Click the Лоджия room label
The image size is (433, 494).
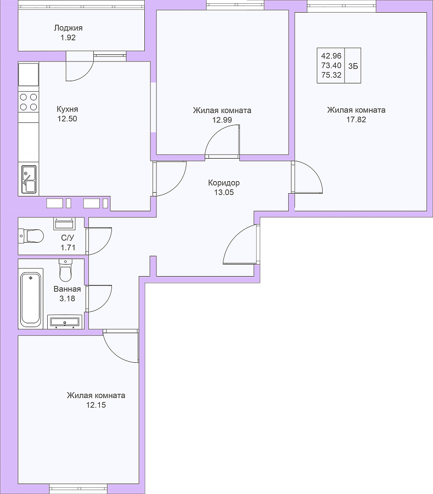(x=69, y=28)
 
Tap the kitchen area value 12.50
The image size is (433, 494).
(x=67, y=119)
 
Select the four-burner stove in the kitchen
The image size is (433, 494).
(x=29, y=102)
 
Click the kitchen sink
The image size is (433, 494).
(x=29, y=179)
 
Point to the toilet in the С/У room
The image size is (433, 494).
(x=31, y=235)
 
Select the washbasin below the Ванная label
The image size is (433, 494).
(x=65, y=322)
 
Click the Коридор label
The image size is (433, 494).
(x=224, y=183)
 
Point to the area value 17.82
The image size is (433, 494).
(x=356, y=120)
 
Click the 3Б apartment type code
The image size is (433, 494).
(x=353, y=66)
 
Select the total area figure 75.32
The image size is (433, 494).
(x=331, y=75)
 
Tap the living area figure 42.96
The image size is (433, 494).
(x=331, y=56)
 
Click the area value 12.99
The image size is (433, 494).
(x=222, y=120)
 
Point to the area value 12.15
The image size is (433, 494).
(x=96, y=405)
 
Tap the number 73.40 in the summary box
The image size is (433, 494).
(x=331, y=65)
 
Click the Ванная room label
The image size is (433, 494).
(x=67, y=289)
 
